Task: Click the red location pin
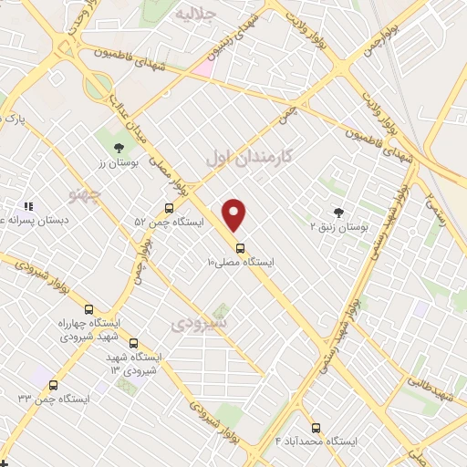click(x=234, y=213)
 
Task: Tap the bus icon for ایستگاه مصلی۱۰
click(x=240, y=247)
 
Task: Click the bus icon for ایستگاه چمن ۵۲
click(x=169, y=208)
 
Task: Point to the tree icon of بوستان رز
click(x=118, y=148)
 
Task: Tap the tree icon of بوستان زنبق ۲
click(x=340, y=212)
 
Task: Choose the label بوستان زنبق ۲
click(x=338, y=226)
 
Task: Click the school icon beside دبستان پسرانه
click(x=28, y=207)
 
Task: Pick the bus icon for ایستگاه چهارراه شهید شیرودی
click(x=88, y=308)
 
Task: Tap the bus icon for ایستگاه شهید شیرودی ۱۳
click(x=134, y=343)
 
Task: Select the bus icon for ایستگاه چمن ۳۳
click(x=53, y=385)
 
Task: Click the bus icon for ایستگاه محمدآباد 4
click(x=317, y=427)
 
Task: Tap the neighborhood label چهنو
click(x=87, y=194)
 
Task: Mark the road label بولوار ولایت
click(x=380, y=95)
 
